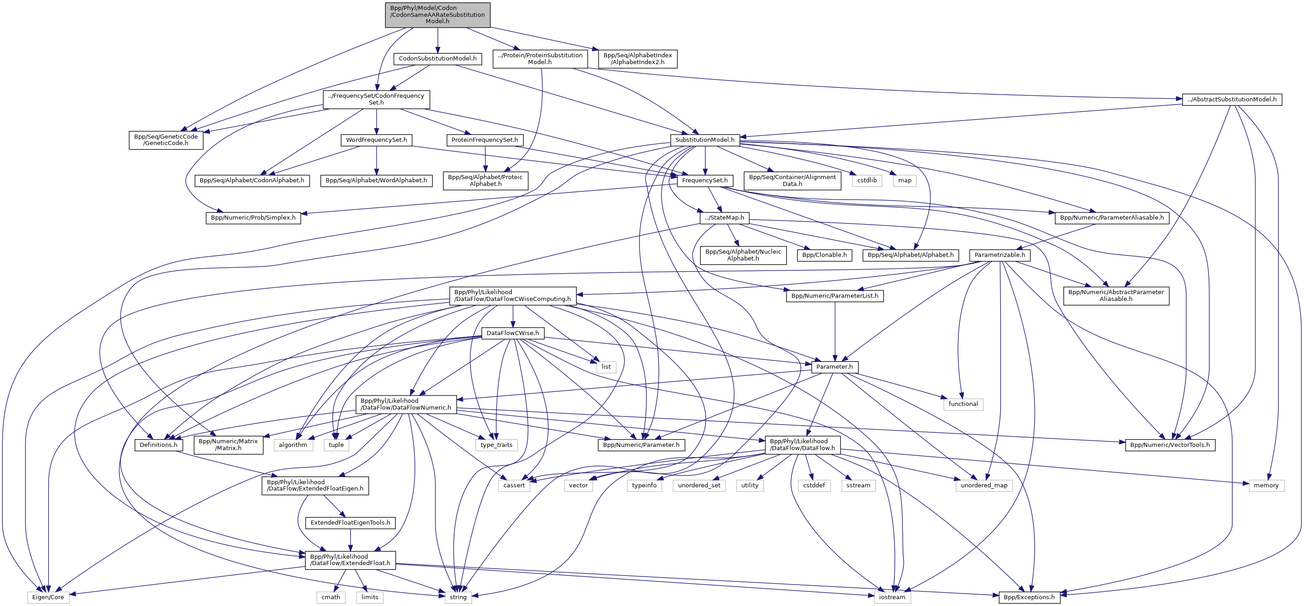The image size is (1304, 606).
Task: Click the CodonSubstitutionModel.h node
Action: [x=438, y=59]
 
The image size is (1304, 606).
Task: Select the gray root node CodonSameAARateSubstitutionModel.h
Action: [x=438, y=15]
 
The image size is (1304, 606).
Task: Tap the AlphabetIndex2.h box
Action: [x=637, y=59]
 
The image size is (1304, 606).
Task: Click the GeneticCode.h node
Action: [x=166, y=140]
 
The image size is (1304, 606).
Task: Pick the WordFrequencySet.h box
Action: [x=376, y=140]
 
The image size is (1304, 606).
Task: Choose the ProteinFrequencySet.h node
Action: [x=484, y=140]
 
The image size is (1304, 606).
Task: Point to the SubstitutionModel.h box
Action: [x=705, y=140]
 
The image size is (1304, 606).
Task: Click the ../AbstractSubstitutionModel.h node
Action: [x=1232, y=99]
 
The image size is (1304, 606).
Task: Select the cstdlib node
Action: [x=866, y=180]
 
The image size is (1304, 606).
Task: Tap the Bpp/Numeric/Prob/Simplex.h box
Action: [x=253, y=217]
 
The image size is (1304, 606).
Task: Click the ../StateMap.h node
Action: [x=725, y=217]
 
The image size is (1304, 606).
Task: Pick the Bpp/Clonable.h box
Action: [x=824, y=255]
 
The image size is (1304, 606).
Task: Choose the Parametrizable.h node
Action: [x=999, y=255]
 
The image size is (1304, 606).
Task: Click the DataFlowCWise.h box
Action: [x=512, y=333]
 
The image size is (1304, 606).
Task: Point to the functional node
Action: [x=963, y=404]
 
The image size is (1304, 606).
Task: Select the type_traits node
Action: [x=496, y=445]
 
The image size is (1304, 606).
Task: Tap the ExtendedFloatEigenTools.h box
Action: [x=350, y=522]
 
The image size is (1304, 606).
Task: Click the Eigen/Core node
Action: [x=48, y=597]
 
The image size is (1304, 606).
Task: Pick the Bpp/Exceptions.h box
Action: [x=1029, y=597]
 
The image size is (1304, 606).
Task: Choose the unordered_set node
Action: [x=699, y=485]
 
